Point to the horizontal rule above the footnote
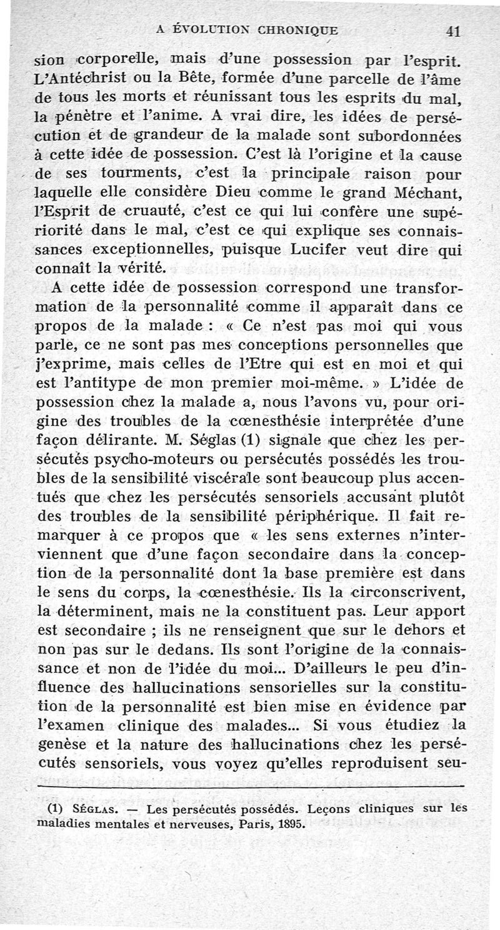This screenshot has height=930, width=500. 250,785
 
